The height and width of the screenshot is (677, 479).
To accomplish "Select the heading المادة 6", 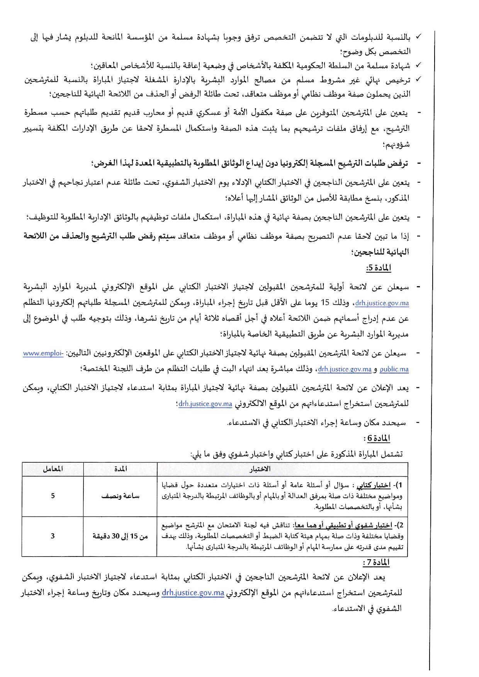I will pyautogui.click(x=378, y=438).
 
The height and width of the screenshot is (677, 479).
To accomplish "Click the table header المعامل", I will pyautogui.click(x=53, y=469).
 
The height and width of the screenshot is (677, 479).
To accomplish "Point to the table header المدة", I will pyautogui.click(x=121, y=469).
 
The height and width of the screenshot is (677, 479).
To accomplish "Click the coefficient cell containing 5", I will pyautogui.click(x=53, y=496).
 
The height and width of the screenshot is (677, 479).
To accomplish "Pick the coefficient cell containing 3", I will pyautogui.click(x=53, y=536).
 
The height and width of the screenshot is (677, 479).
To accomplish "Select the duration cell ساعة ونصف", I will pyautogui.click(x=121, y=496).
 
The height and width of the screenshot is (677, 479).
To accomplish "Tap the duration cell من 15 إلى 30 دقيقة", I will pyautogui.click(x=121, y=536).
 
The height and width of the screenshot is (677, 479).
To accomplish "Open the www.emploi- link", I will pyautogui.click(x=43, y=353).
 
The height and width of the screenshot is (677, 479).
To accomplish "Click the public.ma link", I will pyautogui.click(x=394, y=369).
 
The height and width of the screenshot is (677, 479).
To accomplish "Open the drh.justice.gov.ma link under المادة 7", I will pyautogui.click(x=193, y=593).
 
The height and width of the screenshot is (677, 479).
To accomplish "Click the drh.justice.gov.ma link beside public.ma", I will pyautogui.click(x=345, y=369).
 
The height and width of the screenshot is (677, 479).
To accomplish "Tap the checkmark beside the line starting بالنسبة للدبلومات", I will pyautogui.click(x=418, y=37).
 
